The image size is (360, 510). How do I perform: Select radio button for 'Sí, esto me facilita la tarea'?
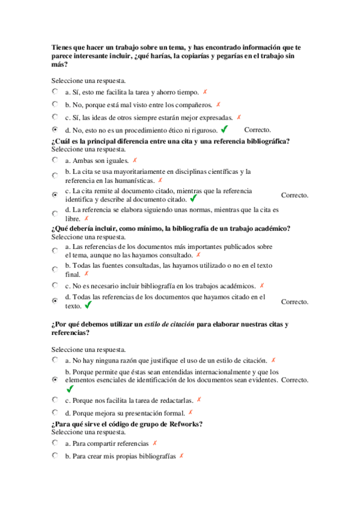pyautogui.click(x=55, y=92)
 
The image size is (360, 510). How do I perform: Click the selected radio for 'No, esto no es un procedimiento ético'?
pyautogui.click(x=55, y=129)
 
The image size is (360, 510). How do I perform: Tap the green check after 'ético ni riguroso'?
pyautogui.click(x=225, y=129)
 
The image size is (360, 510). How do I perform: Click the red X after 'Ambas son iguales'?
pyautogui.click(x=135, y=161)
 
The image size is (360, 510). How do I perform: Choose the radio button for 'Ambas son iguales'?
pyautogui.click(x=55, y=161)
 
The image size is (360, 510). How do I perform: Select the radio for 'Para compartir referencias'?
pyautogui.click(x=55, y=443)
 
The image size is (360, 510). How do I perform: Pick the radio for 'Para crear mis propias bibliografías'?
pyautogui.click(x=55, y=456)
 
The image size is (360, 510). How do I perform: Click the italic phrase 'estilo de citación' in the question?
pyautogui.click(x=169, y=325)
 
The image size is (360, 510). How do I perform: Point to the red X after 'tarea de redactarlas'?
pyautogui.click(x=199, y=399)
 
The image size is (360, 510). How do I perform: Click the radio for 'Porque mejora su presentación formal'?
pyautogui.click(x=55, y=413)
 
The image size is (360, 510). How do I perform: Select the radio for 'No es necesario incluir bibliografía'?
pyautogui.click(x=55, y=286)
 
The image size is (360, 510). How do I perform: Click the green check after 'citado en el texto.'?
pyautogui.click(x=88, y=306)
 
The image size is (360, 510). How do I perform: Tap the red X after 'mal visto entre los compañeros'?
pyautogui.click(x=218, y=105)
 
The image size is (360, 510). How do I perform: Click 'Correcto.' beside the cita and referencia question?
pyautogui.click(x=294, y=195)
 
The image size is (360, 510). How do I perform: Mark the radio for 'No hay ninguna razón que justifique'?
pyautogui.click(x=55, y=360)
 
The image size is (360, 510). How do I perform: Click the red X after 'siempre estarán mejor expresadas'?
pyautogui.click(x=239, y=117)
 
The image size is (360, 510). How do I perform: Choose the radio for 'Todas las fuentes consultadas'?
pyautogui.click(x=55, y=269)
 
